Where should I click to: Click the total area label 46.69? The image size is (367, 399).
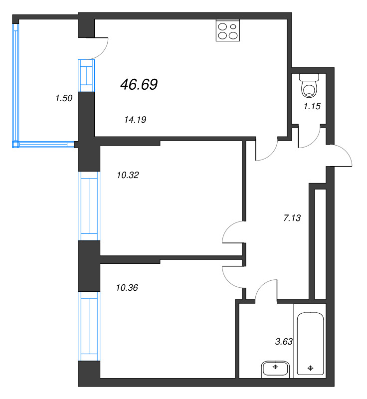pos(139,85)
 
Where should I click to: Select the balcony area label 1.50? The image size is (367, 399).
pos(64,98)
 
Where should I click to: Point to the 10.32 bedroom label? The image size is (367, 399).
pos(127,175)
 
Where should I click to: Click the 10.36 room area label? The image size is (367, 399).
pos(127,288)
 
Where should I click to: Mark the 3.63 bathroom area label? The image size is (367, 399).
pos(284,342)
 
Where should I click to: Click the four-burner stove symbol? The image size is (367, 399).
pos(228,30)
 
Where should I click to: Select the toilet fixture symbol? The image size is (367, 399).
pos(310,86)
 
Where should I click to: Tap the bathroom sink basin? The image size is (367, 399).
pos(275,369)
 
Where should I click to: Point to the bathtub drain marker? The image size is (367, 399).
pos(311,369)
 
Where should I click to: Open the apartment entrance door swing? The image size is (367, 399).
pos(342,156)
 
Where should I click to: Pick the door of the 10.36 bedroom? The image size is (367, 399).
pos(232,276)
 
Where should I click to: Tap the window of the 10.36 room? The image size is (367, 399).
pos(89,326)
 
